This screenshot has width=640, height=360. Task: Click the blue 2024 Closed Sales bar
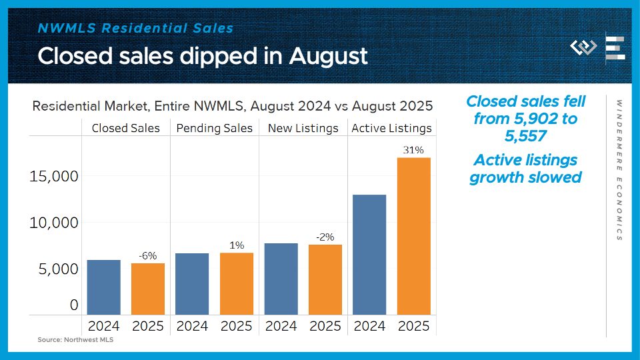pos(103,287)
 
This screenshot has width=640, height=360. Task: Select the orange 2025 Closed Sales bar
pos(147,289)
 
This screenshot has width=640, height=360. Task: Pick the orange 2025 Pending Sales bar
pos(237,283)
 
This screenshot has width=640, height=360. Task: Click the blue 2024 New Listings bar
pos(281,279)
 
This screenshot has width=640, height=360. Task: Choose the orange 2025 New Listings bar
pos(325,279)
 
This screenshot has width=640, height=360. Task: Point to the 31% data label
pos(413,150)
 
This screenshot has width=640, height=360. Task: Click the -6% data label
pos(147,255)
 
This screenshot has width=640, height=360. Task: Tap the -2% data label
pos(325,237)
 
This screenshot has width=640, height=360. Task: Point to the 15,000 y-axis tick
pos(53,177)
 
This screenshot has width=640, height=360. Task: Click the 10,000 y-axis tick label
pos(53,223)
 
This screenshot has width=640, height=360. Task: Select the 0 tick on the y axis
pos(74,305)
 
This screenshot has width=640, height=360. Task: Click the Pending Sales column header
pos(215,128)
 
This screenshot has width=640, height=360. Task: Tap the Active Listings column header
pos(391,128)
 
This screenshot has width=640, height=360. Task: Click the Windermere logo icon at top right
pos(583,48)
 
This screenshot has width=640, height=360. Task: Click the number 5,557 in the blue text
pos(526,136)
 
